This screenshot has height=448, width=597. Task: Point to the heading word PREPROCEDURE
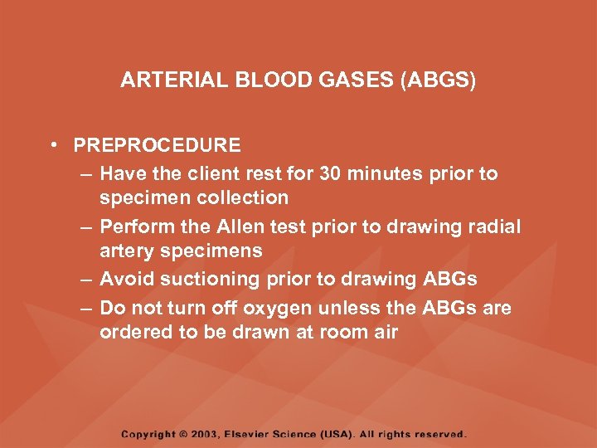coord(157,146)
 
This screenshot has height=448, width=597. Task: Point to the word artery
coord(127,251)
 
